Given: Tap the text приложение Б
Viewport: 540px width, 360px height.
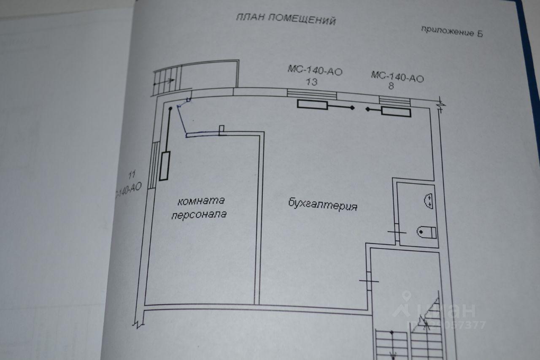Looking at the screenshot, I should pyautogui.click(x=451, y=31).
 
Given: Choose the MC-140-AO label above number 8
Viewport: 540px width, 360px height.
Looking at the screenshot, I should pyautogui.click(x=397, y=77).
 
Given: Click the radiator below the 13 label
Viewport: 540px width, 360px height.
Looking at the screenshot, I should pyautogui.click(x=312, y=105).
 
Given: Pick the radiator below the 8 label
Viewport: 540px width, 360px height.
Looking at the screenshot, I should pyautogui.click(x=396, y=111).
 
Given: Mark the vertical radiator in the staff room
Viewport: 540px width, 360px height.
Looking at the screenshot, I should pyautogui.click(x=165, y=165).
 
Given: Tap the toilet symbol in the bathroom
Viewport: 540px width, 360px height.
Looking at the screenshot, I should pyautogui.click(x=427, y=231).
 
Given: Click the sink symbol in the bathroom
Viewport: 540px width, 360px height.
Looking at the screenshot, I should pyautogui.click(x=429, y=200).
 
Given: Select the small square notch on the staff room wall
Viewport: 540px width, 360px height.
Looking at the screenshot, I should pyautogui.click(x=222, y=130).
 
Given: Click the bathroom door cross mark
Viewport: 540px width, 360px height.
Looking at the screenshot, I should pyautogui.click(x=397, y=232).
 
